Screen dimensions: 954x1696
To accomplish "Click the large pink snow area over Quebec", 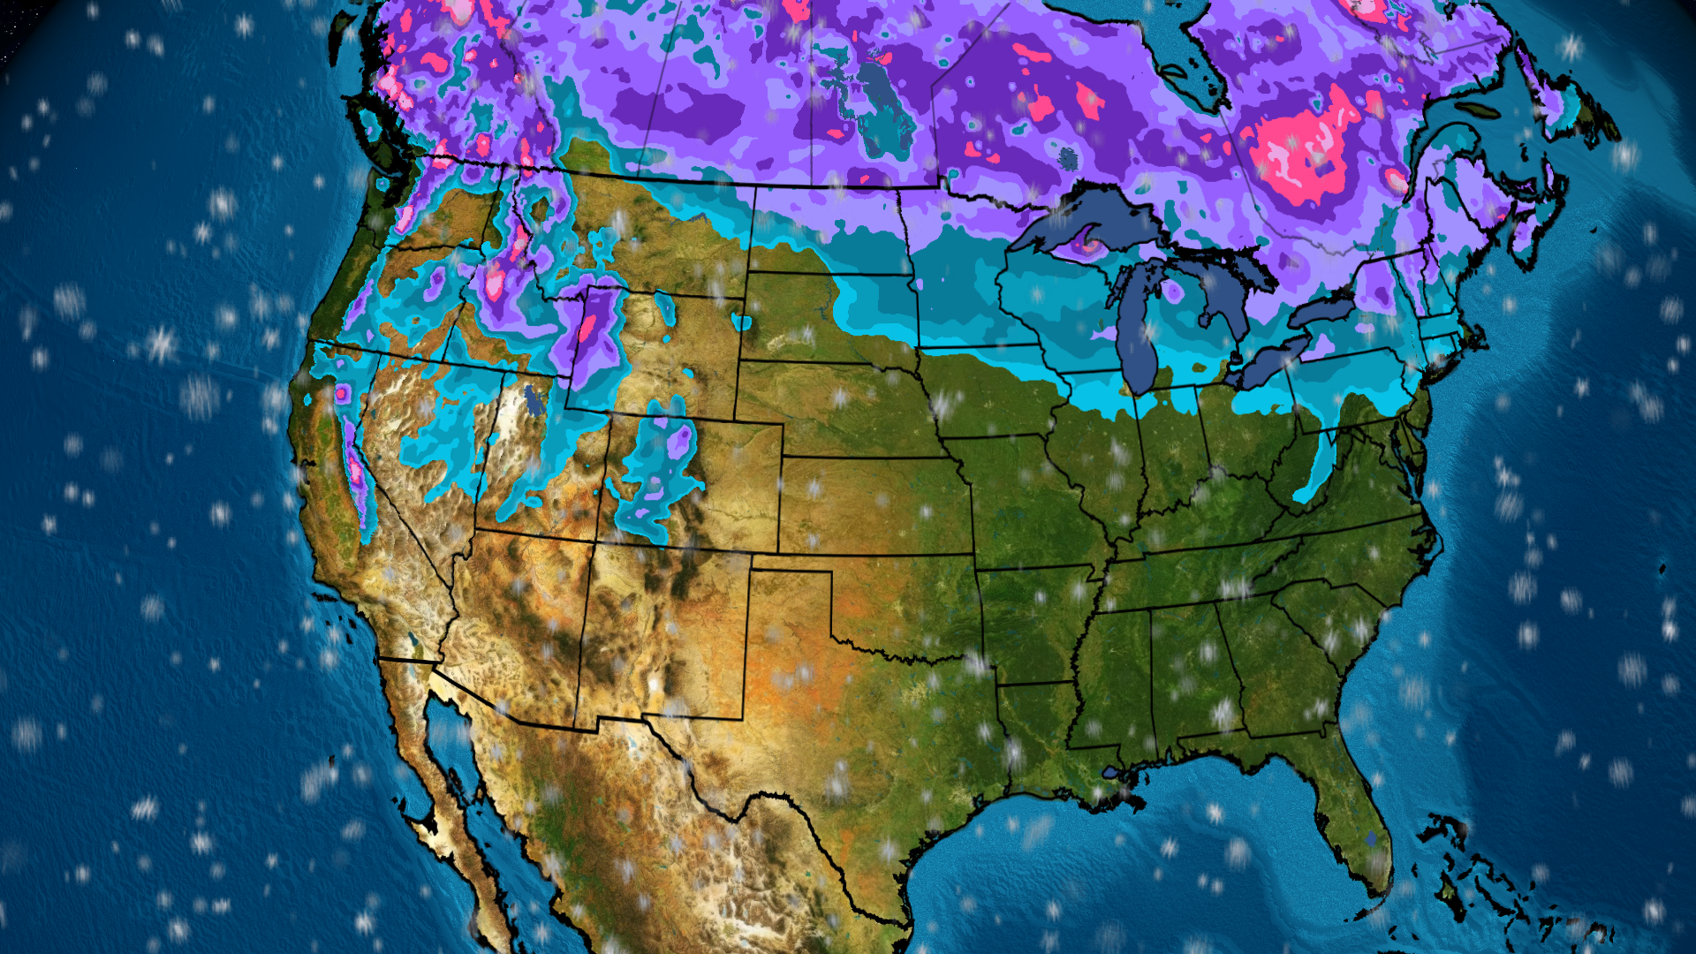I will point(1298,150).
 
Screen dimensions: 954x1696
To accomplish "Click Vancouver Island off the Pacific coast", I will point(371,124).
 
